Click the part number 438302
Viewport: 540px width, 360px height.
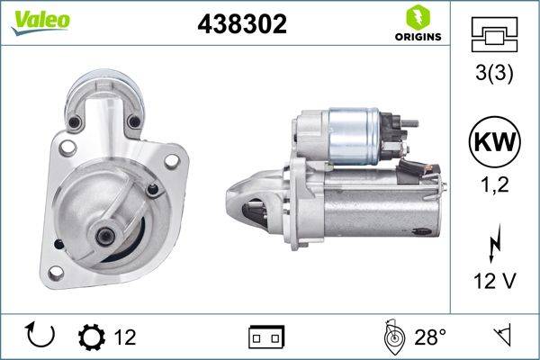pos(241,24)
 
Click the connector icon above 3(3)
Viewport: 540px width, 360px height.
pos(494,35)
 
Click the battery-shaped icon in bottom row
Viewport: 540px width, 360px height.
pos(266,337)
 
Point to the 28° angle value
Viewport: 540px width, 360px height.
pos(430,337)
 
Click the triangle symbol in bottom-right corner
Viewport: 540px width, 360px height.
pos(501,337)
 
